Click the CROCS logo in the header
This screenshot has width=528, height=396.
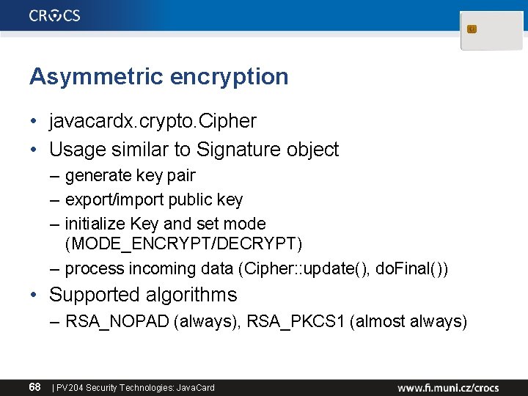(55, 15)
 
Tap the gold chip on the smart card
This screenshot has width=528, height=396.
(472, 29)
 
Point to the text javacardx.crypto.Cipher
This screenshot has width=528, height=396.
(153, 120)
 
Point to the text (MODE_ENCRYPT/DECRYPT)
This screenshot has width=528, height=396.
(183, 243)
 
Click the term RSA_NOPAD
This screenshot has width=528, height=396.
(117, 321)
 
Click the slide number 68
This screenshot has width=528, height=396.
(34, 386)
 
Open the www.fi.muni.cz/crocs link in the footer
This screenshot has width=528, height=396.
(448, 387)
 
